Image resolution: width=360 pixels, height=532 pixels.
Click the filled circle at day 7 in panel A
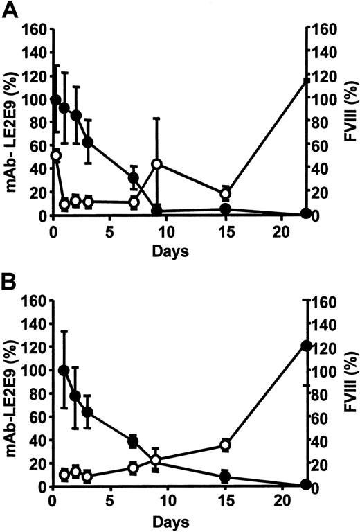coord(134,178)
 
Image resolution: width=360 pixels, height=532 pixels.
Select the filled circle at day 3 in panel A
coord(88,142)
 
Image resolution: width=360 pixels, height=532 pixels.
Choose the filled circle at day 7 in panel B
coord(134,441)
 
